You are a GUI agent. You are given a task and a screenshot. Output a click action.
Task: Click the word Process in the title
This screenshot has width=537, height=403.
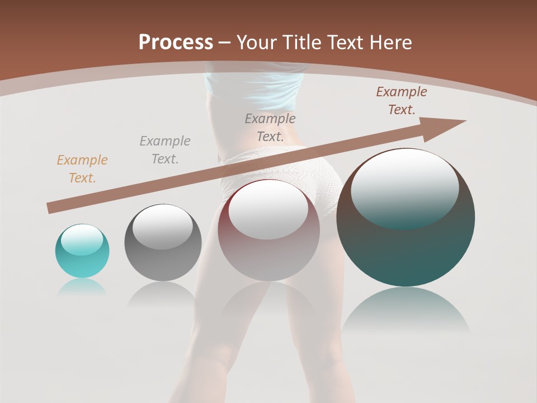point(176,43)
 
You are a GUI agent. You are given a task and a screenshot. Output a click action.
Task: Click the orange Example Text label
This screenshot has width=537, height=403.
point(82,168)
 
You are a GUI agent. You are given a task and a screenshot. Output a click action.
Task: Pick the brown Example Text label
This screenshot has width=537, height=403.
point(402,101)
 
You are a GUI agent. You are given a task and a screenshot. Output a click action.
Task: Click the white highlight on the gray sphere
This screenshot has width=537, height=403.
point(162,227)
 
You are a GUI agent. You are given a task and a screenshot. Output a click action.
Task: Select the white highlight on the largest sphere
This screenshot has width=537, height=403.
point(404,188)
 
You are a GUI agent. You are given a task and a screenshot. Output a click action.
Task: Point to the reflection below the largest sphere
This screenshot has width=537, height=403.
point(406,313)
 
